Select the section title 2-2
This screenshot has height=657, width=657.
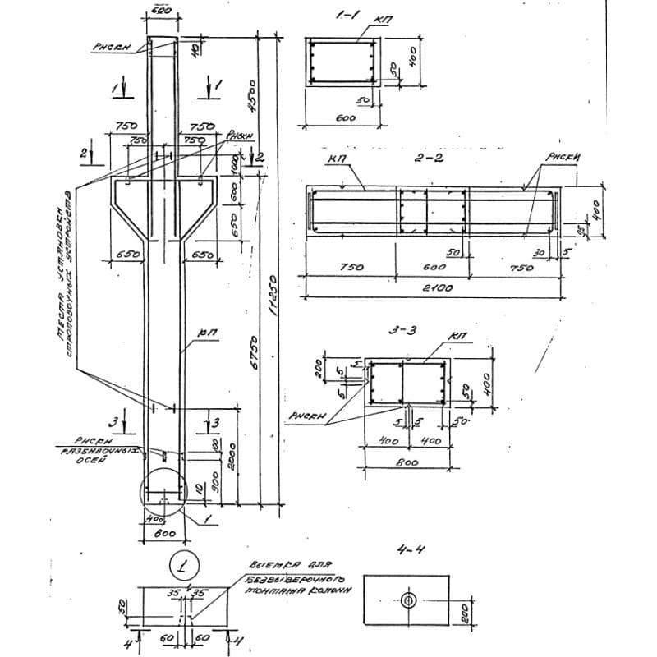[x=429, y=157]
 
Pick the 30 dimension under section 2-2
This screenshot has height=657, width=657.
[x=540, y=253]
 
